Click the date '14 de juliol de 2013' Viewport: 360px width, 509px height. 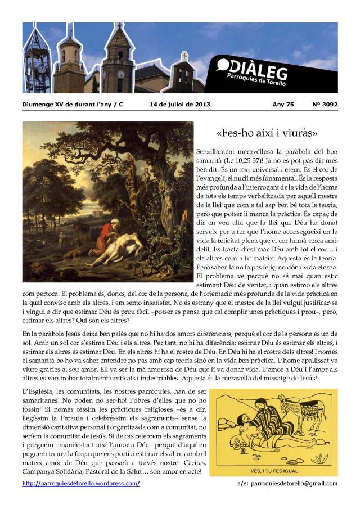pos(177,104)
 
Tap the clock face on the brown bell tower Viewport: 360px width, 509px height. pos(120,74)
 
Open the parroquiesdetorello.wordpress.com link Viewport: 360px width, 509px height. pos(81,484)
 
